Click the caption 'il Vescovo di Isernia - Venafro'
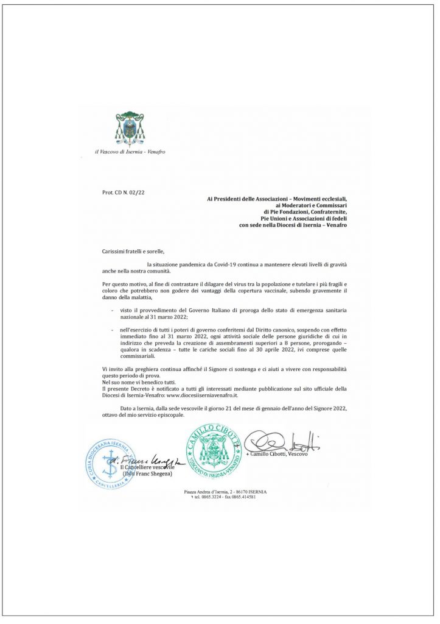click(x=130, y=151)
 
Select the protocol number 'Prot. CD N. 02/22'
click(x=124, y=192)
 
